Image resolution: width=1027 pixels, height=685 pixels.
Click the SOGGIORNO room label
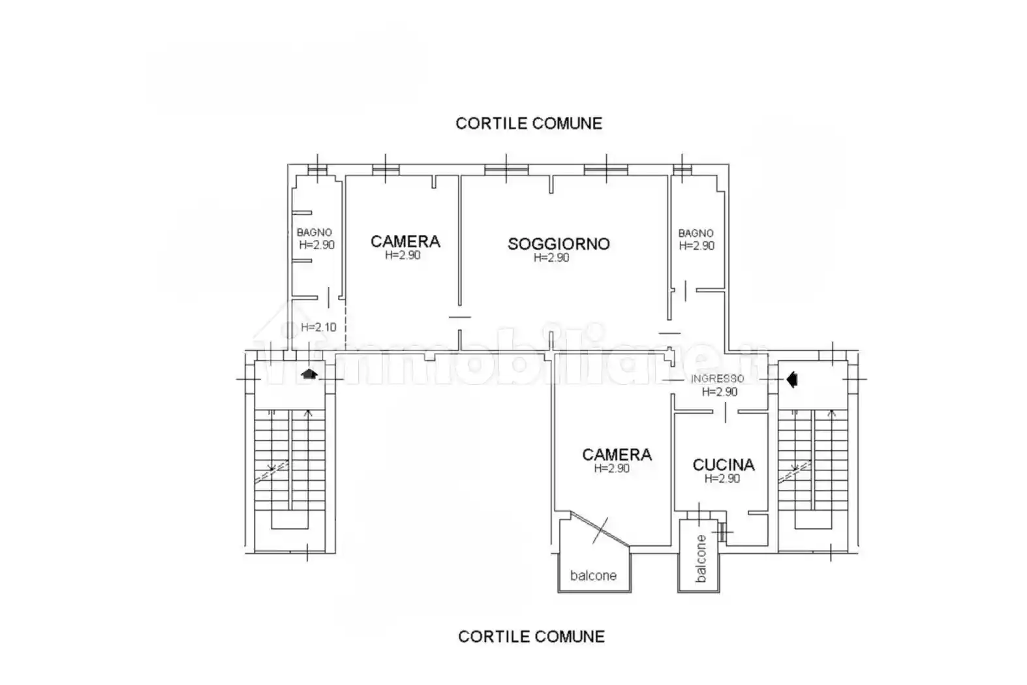coord(559,243)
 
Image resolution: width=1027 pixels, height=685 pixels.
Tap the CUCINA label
coord(724,465)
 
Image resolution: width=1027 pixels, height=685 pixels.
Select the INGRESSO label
coord(718,379)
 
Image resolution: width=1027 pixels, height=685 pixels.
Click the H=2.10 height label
coord(318,327)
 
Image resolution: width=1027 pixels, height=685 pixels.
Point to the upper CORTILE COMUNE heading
coord(529,123)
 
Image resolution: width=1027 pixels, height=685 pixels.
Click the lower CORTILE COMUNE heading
coord(531,637)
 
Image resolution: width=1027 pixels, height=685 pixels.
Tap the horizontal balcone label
coord(593,575)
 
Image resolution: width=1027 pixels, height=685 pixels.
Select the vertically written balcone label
coord(701,558)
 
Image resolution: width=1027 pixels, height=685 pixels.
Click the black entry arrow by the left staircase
coord(309,374)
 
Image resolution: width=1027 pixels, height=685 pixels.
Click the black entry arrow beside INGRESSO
coord(792,380)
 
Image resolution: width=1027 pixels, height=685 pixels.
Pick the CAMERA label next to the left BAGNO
coord(405,241)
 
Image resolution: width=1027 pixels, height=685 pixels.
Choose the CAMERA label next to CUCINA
coord(617,454)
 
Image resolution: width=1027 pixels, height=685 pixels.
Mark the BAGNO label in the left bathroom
coord(314,232)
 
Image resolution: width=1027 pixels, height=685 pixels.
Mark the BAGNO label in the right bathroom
coord(696,234)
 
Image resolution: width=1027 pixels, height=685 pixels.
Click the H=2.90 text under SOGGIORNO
coord(551,258)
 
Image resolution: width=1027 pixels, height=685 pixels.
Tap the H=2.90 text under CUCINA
coord(722,479)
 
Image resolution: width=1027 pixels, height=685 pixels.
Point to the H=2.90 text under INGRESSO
coord(720,391)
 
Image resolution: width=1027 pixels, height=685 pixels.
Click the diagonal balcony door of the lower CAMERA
coord(600,530)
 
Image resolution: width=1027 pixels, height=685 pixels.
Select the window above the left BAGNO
coord(317,170)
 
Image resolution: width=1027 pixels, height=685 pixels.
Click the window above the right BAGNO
coord(682,170)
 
